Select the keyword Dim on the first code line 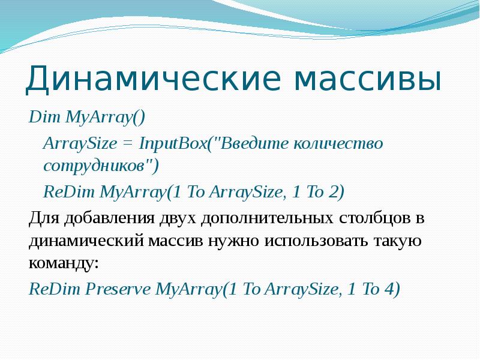40,116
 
